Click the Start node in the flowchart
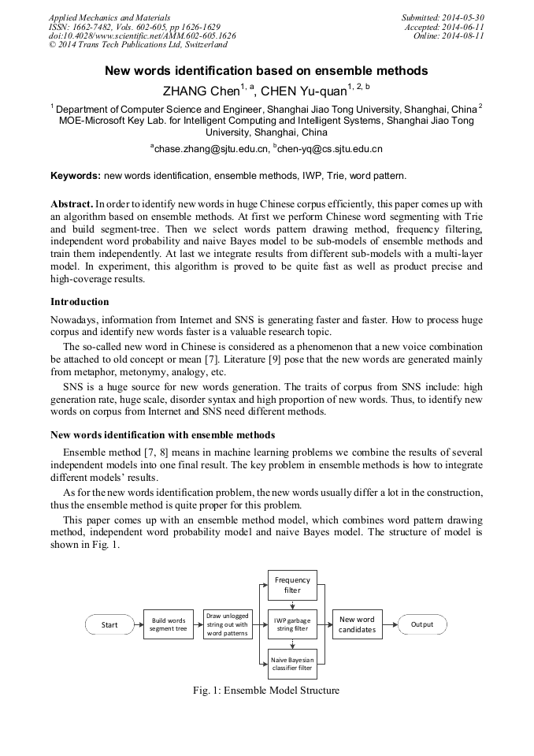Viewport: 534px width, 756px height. tap(109, 625)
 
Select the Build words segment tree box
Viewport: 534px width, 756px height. tap(169, 625)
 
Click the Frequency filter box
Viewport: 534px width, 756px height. tap(292, 585)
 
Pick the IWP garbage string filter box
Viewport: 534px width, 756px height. tap(292, 625)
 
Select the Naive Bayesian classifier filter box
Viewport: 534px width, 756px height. tap(292, 663)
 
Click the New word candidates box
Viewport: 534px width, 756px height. tap(357, 625)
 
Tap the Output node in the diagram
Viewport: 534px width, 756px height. tap(421, 625)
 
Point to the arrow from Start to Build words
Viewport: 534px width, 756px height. tap(139, 625)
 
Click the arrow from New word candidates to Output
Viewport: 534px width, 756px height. tap(389, 625)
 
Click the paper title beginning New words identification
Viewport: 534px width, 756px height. tap(267, 71)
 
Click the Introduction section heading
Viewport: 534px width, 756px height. tap(80, 302)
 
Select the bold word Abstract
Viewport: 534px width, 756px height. tap(72, 204)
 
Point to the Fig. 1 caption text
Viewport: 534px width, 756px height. tap(266, 691)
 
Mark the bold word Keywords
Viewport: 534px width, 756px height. tap(76, 176)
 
